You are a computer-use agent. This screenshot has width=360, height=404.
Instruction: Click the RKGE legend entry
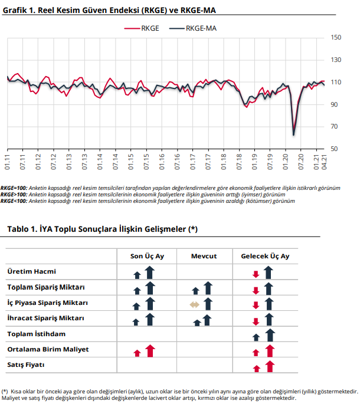142,28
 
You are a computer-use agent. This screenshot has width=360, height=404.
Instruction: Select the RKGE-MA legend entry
193,28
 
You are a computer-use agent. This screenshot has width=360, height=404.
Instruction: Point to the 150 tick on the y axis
336,38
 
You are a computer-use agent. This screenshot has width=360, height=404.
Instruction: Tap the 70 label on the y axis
334,126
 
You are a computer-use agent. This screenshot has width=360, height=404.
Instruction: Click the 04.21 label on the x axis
324,162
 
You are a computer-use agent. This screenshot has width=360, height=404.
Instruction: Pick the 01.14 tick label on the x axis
100,162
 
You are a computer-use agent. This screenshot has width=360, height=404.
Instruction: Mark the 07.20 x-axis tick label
301,162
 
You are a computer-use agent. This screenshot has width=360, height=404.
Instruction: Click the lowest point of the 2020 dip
293,134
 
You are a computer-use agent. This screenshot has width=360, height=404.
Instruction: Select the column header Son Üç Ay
147,257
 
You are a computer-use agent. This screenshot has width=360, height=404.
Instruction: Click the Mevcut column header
204,256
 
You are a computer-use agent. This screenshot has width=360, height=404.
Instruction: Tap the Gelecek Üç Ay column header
265,257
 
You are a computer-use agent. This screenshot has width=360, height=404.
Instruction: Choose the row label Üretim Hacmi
31,271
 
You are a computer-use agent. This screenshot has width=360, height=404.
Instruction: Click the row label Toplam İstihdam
37,334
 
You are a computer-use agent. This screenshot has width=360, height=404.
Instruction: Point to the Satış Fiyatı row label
26,365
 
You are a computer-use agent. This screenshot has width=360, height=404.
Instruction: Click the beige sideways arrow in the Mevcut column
194,305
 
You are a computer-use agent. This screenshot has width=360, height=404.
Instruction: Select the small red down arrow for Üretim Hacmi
256,274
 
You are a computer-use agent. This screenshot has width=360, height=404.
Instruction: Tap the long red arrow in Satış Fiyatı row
270,366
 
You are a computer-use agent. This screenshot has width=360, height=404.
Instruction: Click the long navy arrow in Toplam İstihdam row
270,335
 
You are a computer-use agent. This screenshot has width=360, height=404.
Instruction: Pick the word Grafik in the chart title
15,10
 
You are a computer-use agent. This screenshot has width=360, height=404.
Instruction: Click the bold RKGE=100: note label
14,188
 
